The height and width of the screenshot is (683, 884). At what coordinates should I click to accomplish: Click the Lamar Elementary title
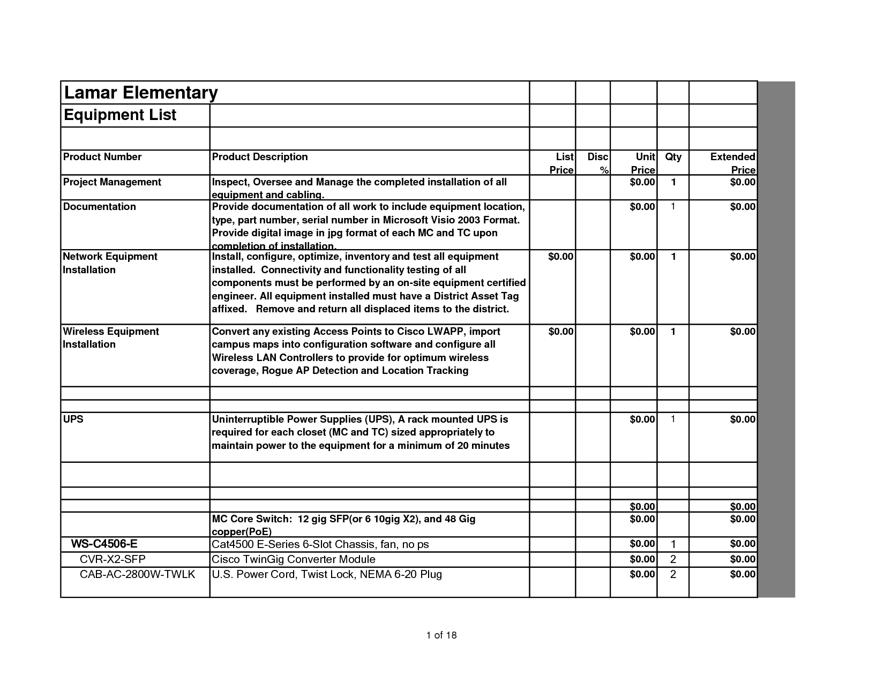140,93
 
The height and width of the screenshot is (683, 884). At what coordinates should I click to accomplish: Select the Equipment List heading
120,115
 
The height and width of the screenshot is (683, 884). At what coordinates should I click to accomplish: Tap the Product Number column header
102,157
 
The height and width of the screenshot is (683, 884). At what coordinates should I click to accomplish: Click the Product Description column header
260,157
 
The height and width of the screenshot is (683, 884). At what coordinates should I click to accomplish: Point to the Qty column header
673,157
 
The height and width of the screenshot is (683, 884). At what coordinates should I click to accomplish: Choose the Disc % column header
598,163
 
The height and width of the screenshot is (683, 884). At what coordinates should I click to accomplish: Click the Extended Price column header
732,163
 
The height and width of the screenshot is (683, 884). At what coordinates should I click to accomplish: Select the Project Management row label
112,182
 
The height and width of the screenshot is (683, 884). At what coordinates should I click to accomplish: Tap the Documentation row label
100,207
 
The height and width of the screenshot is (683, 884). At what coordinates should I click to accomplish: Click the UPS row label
73,419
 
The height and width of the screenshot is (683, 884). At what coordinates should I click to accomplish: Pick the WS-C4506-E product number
104,544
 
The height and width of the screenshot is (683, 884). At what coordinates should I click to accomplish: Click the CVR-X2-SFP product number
113,560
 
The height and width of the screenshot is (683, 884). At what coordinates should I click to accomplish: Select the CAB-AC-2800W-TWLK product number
137,575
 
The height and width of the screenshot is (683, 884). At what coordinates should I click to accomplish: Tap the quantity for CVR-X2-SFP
673,560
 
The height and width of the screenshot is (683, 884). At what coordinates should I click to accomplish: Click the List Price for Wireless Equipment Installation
561,332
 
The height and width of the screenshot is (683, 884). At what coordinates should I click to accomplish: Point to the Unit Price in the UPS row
642,419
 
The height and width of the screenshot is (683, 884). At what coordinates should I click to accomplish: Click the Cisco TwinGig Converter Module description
294,560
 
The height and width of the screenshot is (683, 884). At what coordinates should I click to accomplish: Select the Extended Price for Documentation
743,207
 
